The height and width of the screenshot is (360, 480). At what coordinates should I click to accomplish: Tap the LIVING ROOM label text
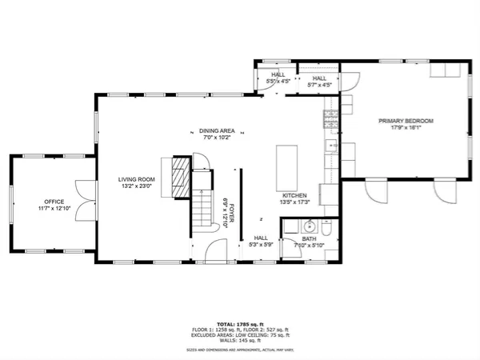[x=135, y=180]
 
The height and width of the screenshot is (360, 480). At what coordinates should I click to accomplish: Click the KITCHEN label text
[x=294, y=194]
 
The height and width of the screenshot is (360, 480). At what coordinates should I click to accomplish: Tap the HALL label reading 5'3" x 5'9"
[x=261, y=242]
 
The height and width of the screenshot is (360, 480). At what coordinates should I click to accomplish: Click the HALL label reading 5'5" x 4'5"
[x=278, y=78]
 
